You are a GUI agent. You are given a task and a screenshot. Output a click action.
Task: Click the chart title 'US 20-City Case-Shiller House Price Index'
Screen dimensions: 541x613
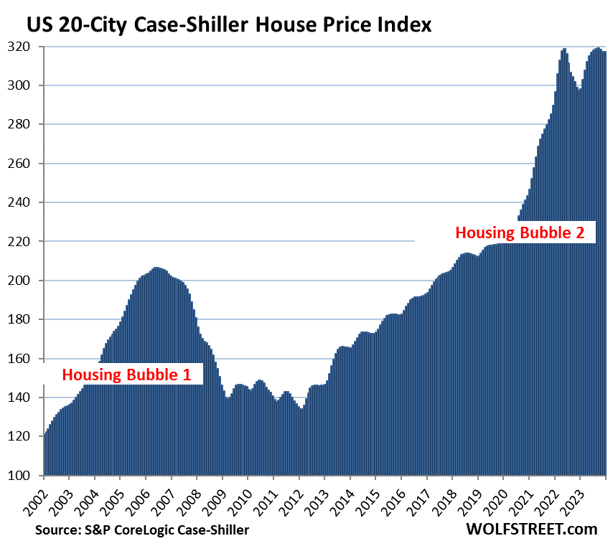tap(229, 26)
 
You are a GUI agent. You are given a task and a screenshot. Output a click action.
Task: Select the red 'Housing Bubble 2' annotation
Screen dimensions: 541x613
tap(525, 232)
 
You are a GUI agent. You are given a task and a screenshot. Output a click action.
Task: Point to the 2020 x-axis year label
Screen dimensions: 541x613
tap(498, 498)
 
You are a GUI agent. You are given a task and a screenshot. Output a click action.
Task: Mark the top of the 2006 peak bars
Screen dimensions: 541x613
tap(157, 268)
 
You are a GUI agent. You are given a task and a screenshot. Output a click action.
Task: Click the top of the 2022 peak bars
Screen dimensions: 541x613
tap(564, 49)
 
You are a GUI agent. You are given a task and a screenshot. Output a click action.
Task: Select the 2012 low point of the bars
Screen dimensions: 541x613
tap(301, 409)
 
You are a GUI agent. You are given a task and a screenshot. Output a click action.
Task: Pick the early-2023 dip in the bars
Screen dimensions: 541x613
tap(579, 90)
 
